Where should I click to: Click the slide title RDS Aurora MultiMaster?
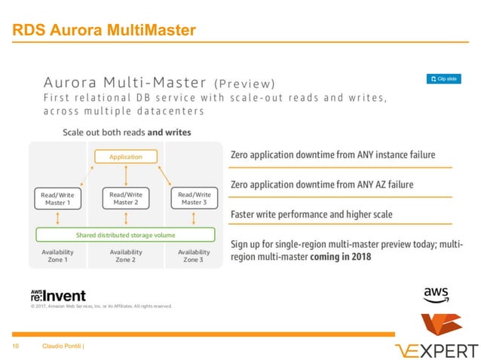[103, 30]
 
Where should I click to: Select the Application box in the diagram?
[126, 157]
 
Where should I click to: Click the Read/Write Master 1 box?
[58, 198]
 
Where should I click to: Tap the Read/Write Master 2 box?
[126, 198]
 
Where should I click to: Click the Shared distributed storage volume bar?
[126, 233]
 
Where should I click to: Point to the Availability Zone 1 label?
[58, 255]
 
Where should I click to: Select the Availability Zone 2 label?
[126, 255]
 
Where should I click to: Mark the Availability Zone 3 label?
[194, 255]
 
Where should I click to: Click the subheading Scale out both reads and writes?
[126, 132]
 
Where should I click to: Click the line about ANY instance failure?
[332, 154]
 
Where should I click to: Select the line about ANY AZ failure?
[321, 185]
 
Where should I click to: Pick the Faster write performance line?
[311, 215]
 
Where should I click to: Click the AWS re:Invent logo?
[58, 294]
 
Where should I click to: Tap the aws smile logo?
[436, 294]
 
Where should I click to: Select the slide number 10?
[14, 346]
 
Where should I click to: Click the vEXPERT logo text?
[437, 349]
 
